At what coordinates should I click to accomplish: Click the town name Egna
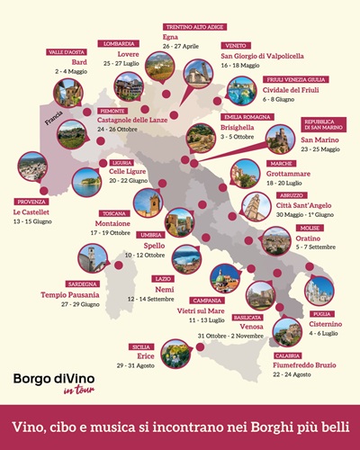coord(172,35)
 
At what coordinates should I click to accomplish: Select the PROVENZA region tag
coord(28,202)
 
